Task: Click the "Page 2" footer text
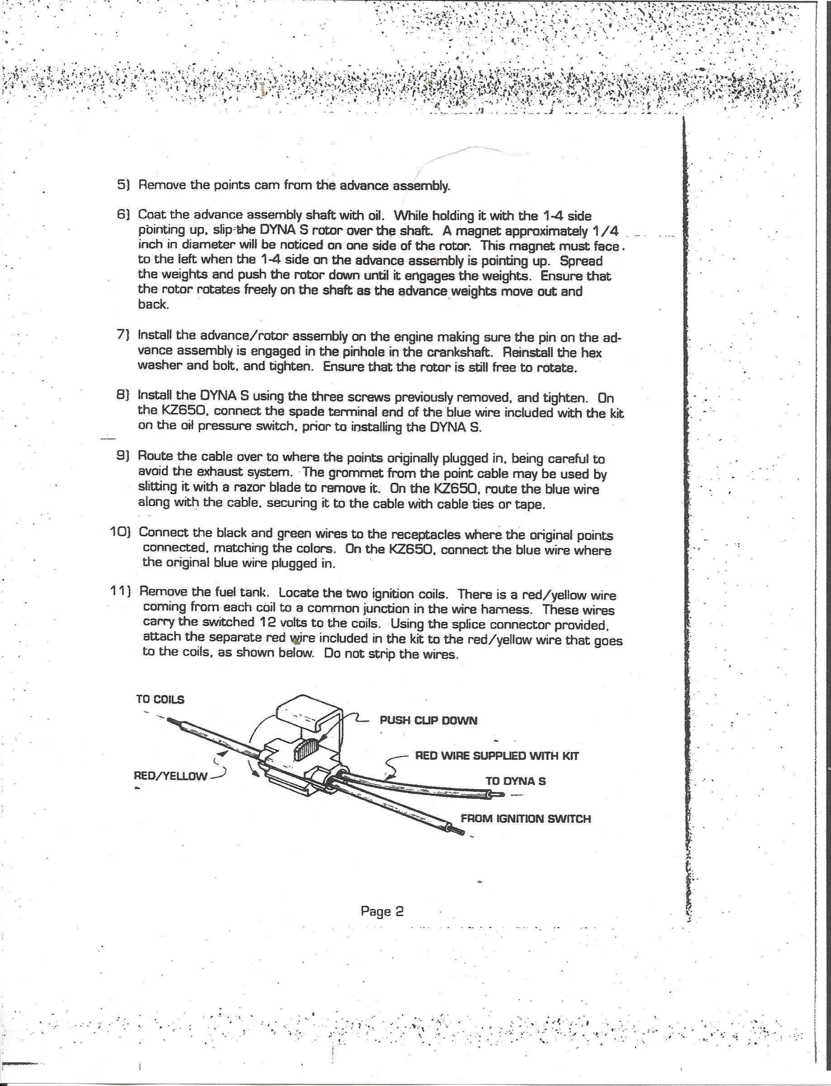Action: tap(382, 911)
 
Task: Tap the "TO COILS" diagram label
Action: tap(160, 700)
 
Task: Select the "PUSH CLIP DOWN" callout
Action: tap(428, 720)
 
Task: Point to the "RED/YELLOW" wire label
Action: tap(171, 776)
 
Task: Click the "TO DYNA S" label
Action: tap(515, 781)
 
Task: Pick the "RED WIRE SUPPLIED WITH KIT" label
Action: tap(497, 756)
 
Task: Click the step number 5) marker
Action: tap(123, 185)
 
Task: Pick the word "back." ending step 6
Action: tap(153, 305)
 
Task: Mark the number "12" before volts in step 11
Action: tap(262, 622)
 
